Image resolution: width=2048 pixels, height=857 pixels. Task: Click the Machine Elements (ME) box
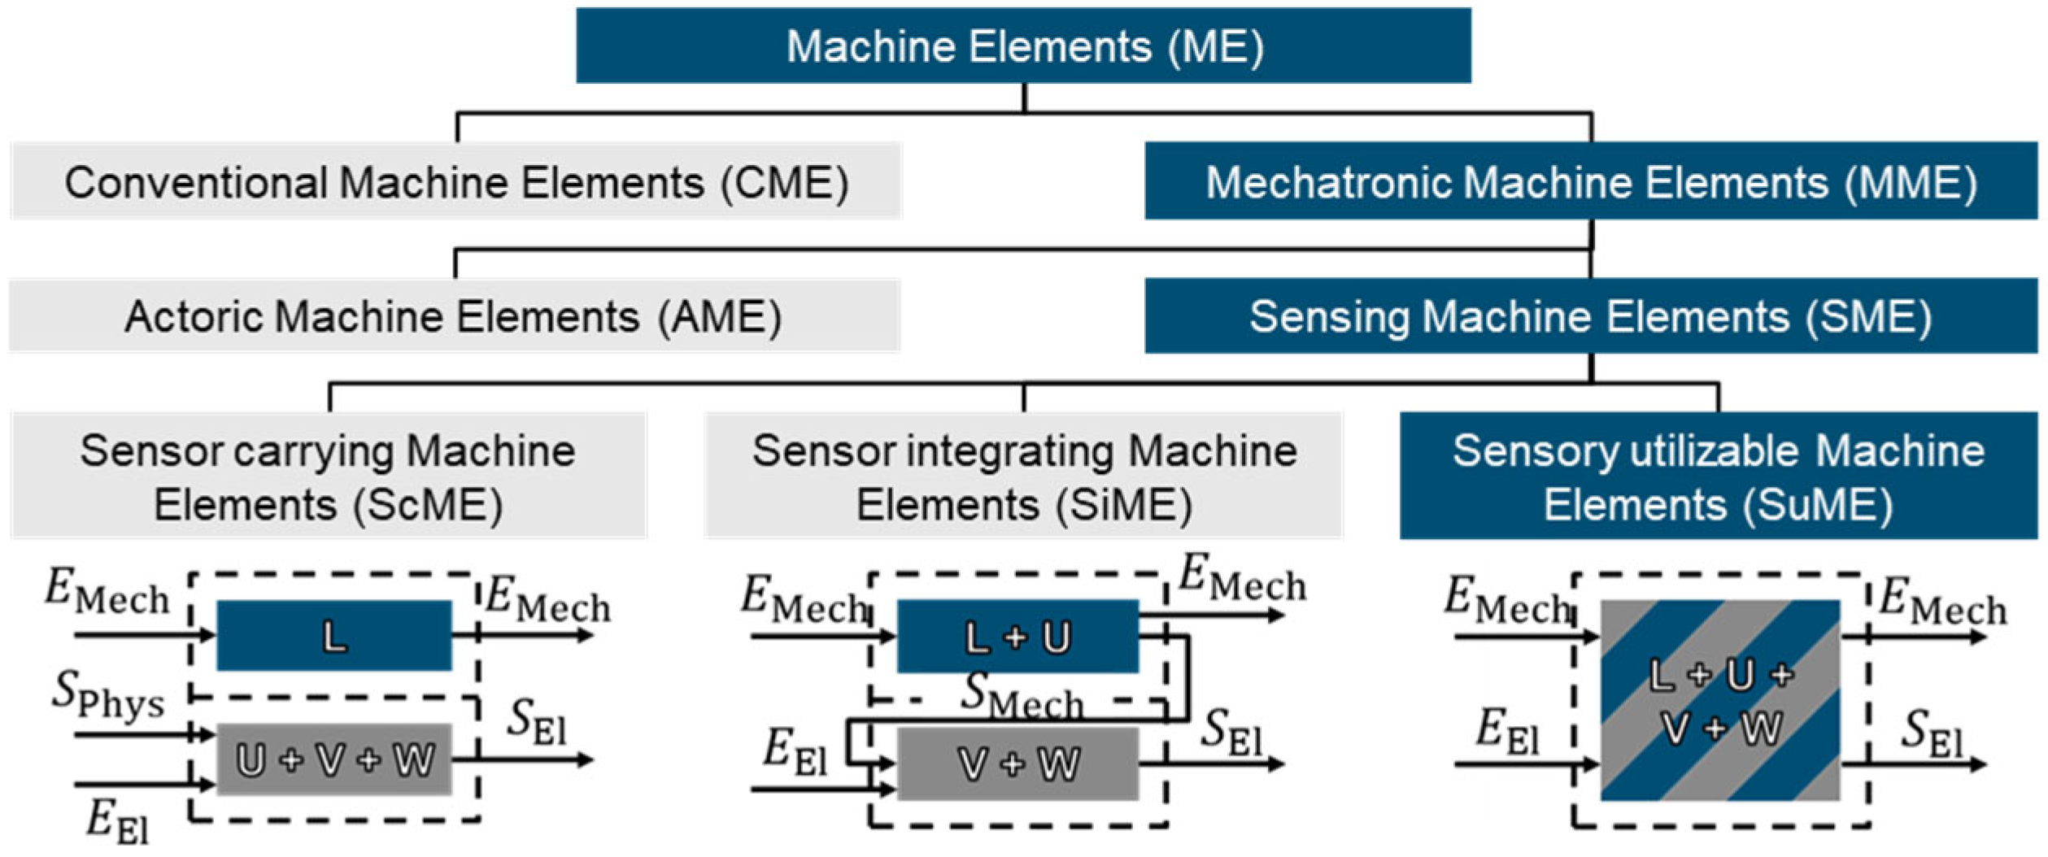tap(1023, 46)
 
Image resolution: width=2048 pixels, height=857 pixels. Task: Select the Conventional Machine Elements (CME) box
tap(456, 181)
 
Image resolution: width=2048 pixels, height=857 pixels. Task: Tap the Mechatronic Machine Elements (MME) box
tap(1590, 181)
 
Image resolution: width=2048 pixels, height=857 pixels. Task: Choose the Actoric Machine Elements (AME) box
tap(454, 316)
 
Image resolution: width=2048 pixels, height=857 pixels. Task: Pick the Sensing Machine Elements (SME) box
tap(1590, 316)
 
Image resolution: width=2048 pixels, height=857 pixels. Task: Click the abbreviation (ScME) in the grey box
tap(428, 505)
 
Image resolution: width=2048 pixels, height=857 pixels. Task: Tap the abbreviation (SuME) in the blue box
tap(1817, 505)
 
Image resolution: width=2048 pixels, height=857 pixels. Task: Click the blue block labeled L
tap(333, 636)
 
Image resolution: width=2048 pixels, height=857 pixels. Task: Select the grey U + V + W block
tap(333, 760)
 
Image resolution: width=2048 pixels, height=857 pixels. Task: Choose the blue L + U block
tap(1017, 636)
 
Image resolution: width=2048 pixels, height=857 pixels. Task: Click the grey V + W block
tap(1017, 763)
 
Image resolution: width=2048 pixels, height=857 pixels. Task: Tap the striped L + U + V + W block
tap(1719, 700)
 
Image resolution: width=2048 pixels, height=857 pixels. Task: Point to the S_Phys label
tap(107, 696)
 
